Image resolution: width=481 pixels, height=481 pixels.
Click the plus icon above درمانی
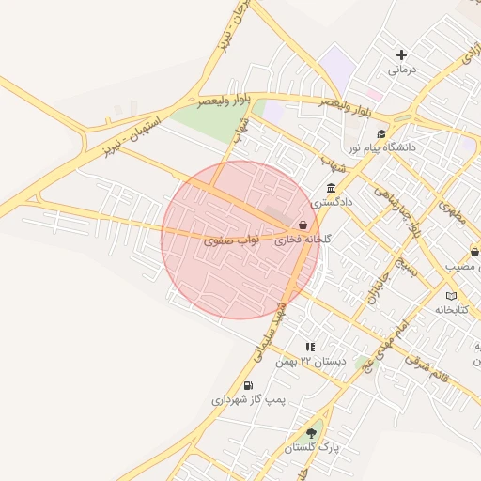click(402, 55)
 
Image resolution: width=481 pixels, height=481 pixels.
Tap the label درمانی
click(401, 70)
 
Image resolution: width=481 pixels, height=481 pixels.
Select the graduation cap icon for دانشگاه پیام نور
click(381, 134)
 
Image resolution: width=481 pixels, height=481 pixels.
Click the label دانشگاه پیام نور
click(382, 148)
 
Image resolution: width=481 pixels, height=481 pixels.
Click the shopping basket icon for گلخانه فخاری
click(303, 225)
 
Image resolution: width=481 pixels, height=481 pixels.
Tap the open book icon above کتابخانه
click(452, 296)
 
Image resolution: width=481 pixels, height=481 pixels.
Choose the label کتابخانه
click(452, 310)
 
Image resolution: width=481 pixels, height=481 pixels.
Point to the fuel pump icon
click(248, 385)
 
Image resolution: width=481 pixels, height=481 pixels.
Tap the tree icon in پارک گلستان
click(311, 433)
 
